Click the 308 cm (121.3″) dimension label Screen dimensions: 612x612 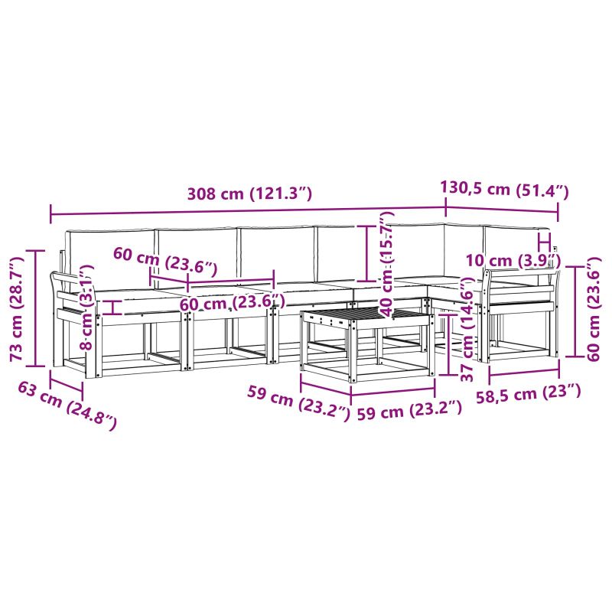250,194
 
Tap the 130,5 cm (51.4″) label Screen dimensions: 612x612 504,189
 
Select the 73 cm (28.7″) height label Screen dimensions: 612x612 18,309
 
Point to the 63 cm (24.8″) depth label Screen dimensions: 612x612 67,406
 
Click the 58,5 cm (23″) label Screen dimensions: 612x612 529,393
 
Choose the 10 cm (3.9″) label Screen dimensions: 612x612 513,260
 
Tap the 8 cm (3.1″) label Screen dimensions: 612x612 87,308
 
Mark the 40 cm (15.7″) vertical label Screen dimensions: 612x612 387,264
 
